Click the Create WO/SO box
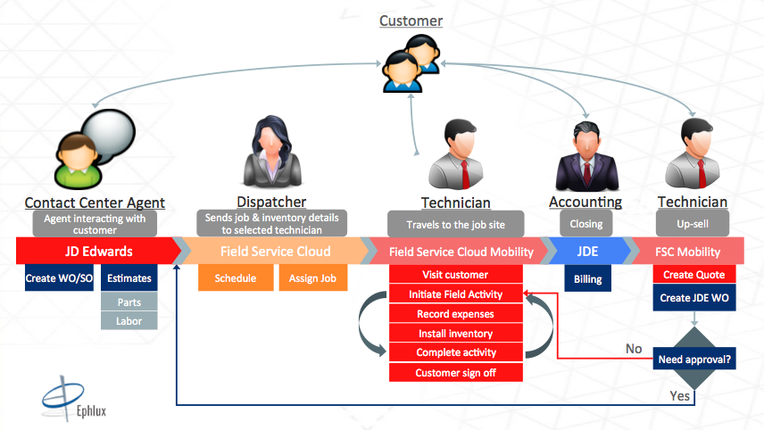(x=59, y=277)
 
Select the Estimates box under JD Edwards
(x=129, y=278)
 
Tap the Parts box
(x=129, y=302)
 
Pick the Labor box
(x=129, y=321)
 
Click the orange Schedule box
(x=236, y=277)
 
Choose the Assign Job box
(x=312, y=277)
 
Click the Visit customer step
(x=455, y=274)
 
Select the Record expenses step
(x=455, y=314)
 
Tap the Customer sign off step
(x=455, y=373)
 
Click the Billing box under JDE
(x=587, y=278)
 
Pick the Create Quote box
(x=694, y=274)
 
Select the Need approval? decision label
(x=694, y=359)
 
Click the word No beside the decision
(x=634, y=349)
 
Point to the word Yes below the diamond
(x=680, y=396)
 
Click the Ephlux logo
(x=74, y=399)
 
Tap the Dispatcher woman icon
(x=272, y=152)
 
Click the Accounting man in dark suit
(x=587, y=156)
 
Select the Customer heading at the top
(x=411, y=21)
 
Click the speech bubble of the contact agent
(x=109, y=135)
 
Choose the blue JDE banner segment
(x=587, y=252)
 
